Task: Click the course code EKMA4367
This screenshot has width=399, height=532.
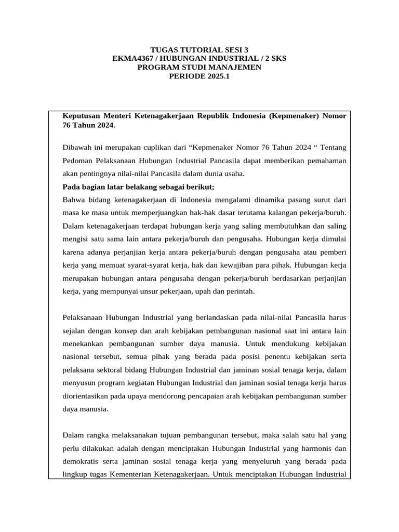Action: (130, 59)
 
